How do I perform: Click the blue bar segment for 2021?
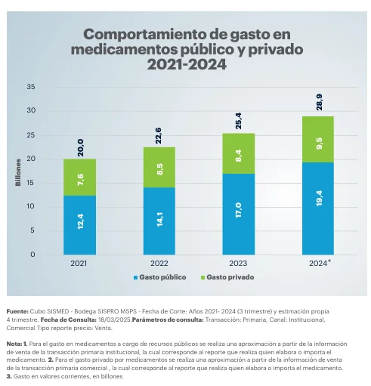tap(79, 224)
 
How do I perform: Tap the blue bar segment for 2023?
tap(238, 214)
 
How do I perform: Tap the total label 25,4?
tap(239, 120)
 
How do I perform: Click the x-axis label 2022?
tap(159, 263)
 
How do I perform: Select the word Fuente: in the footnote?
tap(17, 311)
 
